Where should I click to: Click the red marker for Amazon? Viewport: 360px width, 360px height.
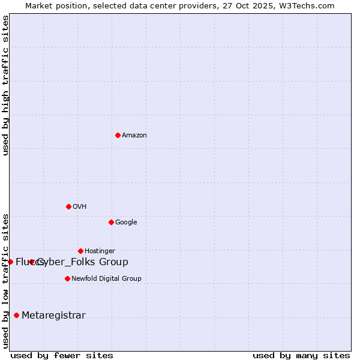click(x=118, y=135)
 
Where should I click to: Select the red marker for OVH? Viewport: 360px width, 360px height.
click(x=68, y=206)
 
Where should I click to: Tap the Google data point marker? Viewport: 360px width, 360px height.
click(x=111, y=222)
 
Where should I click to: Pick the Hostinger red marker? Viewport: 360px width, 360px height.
click(x=80, y=251)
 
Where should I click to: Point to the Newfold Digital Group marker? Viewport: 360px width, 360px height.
click(x=67, y=278)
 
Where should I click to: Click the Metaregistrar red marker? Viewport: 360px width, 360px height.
click(x=16, y=316)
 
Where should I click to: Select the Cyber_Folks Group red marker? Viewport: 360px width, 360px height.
click(x=31, y=262)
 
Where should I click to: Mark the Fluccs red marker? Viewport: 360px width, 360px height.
click(x=10, y=262)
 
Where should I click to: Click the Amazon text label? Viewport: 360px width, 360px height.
click(x=134, y=136)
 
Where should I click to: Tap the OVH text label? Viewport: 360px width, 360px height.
click(x=80, y=207)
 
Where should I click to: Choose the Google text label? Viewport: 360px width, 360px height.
click(x=126, y=223)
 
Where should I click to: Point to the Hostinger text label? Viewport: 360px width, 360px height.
click(x=100, y=251)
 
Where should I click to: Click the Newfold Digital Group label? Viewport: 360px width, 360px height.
click(x=106, y=279)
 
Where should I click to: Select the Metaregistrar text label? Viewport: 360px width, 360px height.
click(x=53, y=316)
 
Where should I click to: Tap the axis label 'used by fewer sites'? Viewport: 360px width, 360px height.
click(x=62, y=355)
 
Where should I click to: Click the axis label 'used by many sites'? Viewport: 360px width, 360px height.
click(x=301, y=355)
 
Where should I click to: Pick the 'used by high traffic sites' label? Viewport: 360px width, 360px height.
click(x=5, y=86)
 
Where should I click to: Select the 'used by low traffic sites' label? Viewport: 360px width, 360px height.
click(x=5, y=281)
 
